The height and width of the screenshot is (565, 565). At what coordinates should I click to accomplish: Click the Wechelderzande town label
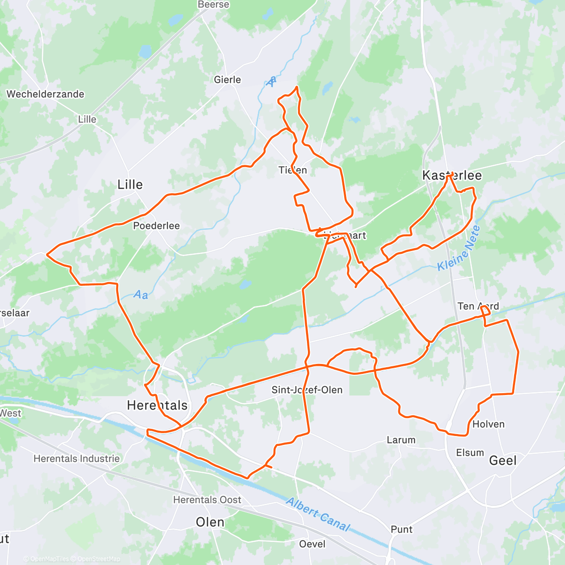click(x=45, y=94)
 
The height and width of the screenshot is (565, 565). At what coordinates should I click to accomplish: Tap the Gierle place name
click(x=227, y=80)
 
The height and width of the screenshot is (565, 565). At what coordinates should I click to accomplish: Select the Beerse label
click(x=213, y=5)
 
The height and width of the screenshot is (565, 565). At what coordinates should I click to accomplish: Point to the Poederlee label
click(x=156, y=226)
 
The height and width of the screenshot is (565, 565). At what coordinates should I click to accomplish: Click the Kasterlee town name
click(x=452, y=176)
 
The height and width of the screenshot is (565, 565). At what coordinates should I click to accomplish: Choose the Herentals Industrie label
click(x=77, y=459)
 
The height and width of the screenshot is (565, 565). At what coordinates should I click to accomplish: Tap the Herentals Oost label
click(x=207, y=500)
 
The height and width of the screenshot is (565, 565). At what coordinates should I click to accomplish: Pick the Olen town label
click(x=210, y=522)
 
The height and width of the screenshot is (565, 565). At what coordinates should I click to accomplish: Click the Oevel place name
click(x=312, y=544)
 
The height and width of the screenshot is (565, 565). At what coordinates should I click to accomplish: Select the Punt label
click(x=402, y=530)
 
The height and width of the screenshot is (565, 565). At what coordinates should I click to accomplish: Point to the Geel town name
click(x=503, y=460)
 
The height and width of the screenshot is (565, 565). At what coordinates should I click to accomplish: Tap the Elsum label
click(x=470, y=453)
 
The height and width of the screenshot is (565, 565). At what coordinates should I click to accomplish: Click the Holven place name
click(x=488, y=424)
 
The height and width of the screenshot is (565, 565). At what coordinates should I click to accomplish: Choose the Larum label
click(x=401, y=440)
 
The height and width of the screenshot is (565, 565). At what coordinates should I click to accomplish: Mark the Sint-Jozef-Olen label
click(x=307, y=390)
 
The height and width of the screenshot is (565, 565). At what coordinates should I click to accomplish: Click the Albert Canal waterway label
click(x=318, y=515)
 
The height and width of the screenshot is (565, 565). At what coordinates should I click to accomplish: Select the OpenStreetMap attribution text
click(x=98, y=559)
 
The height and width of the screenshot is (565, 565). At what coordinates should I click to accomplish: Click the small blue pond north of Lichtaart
click(x=355, y=120)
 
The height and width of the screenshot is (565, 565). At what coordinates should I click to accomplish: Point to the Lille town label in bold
click(x=130, y=185)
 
